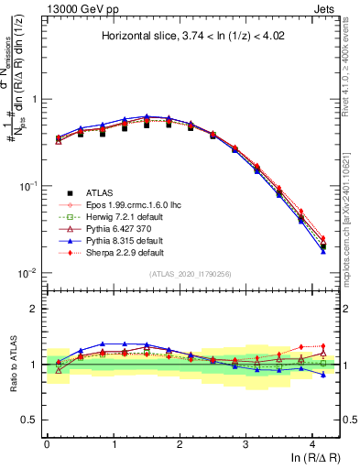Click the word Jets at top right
coord(325,7)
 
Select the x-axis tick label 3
coord(246,442)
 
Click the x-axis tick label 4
coord(313,442)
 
